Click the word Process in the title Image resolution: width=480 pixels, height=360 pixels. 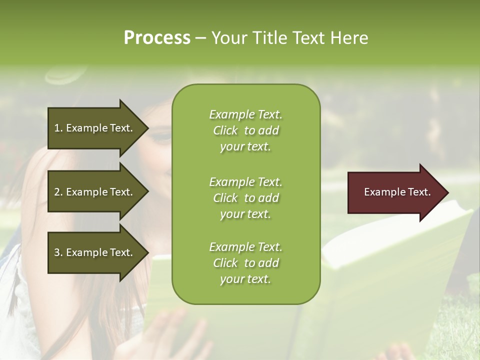coord(157,38)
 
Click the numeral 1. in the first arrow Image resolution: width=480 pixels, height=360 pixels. coord(58,128)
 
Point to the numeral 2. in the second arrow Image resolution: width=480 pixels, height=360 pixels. coord(58,192)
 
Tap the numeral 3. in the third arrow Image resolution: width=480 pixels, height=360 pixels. coord(58,252)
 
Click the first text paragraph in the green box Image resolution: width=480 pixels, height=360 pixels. coord(245,130)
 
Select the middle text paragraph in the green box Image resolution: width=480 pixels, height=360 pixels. coord(245,198)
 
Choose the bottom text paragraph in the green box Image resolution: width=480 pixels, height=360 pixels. coord(245,263)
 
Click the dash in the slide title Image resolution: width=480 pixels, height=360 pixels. coord(201,38)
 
